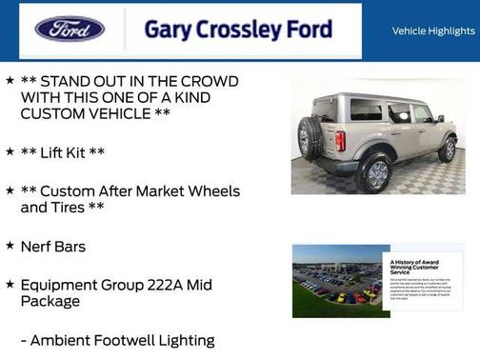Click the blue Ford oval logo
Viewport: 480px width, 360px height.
pyautogui.click(x=70, y=30)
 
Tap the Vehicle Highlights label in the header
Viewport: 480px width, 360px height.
pyautogui.click(x=433, y=31)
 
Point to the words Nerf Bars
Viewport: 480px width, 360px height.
pyautogui.click(x=53, y=247)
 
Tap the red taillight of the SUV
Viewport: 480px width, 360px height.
pyautogui.click(x=340, y=141)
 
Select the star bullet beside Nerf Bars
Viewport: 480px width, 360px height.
pyautogui.click(x=10, y=247)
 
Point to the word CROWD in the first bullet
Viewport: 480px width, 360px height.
pyautogui.click(x=208, y=82)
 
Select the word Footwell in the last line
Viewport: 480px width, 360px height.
pyautogui.click(x=134, y=340)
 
